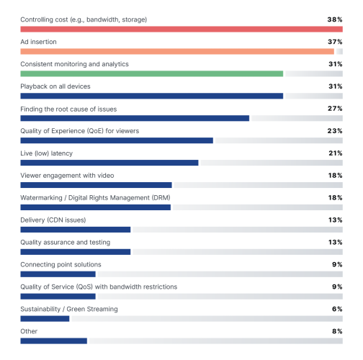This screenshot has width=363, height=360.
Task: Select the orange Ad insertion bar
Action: tap(177, 51)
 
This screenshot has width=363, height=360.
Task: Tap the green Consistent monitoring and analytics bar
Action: tap(152, 73)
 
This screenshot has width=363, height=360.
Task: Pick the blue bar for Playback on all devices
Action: tap(152, 96)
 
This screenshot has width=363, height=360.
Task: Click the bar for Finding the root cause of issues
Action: tap(135, 118)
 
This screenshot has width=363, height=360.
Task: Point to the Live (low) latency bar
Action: tap(109, 163)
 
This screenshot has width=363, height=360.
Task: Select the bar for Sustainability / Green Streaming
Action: tap(45, 318)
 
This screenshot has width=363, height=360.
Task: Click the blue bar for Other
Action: tap(53, 341)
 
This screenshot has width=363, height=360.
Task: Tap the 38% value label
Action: tap(335, 19)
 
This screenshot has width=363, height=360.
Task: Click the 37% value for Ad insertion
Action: tap(335, 42)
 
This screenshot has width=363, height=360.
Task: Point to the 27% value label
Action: tap(335, 109)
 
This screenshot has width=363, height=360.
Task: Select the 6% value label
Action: tap(337, 310)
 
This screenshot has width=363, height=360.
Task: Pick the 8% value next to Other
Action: tap(337, 332)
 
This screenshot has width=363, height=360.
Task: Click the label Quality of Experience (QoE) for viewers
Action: tap(79, 131)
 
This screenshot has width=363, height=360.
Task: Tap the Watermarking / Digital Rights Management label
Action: tap(95, 198)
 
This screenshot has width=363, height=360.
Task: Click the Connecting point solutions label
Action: tap(60, 265)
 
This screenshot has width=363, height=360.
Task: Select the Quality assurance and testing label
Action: tap(65, 243)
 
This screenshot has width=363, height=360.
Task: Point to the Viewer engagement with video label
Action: tap(67, 176)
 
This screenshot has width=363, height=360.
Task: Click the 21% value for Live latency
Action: tap(335, 153)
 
